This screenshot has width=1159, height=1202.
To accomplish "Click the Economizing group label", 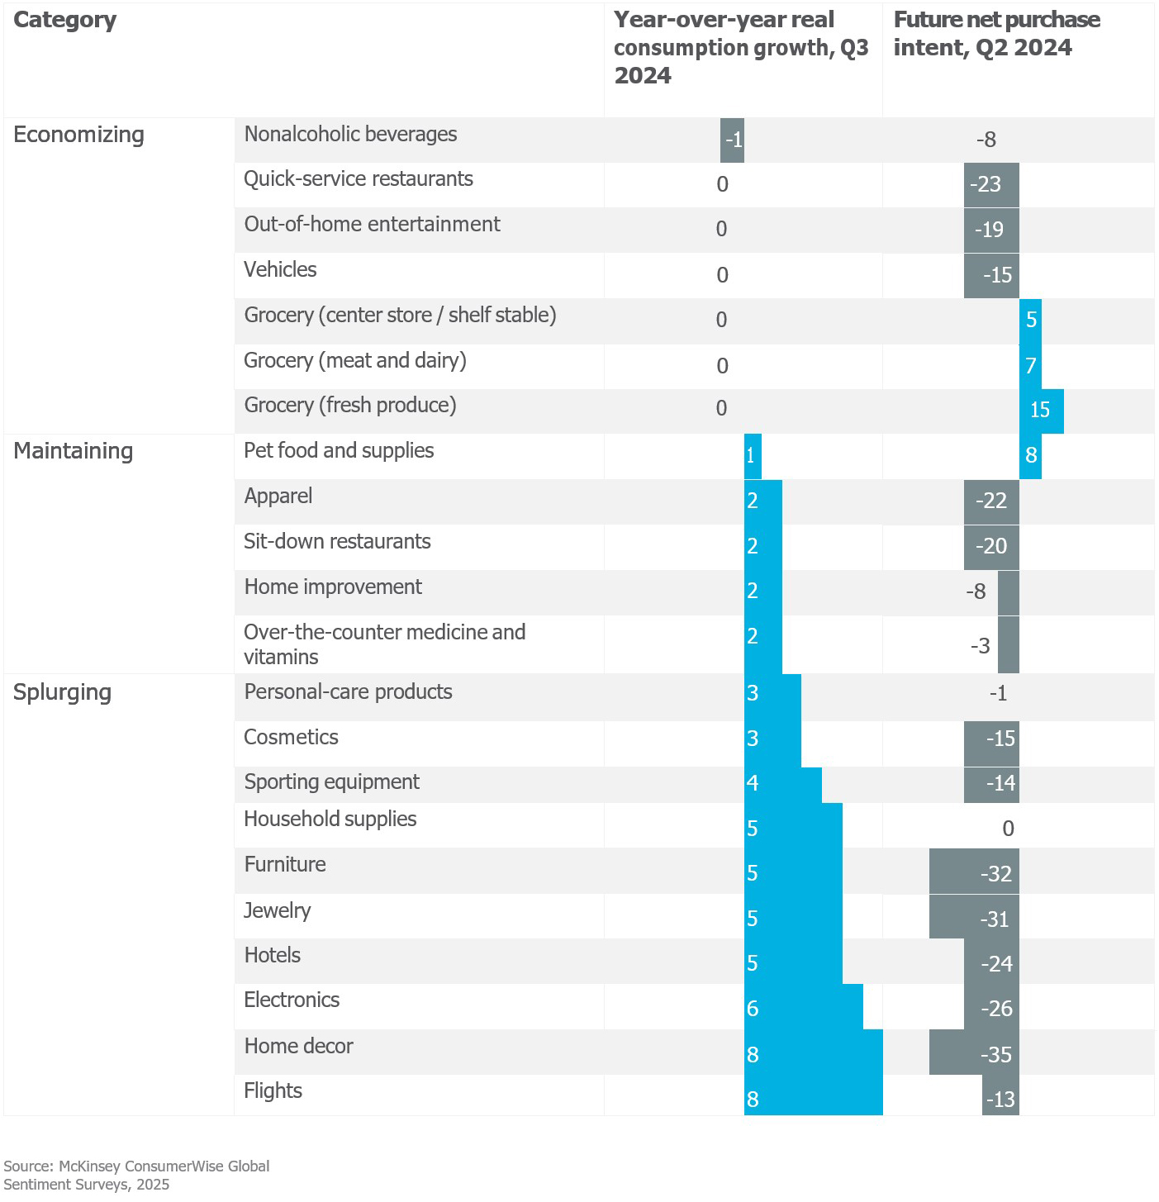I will click(78, 135).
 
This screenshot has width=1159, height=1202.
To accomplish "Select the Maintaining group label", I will click(73, 451).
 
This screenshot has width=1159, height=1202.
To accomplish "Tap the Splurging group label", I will click(62, 692).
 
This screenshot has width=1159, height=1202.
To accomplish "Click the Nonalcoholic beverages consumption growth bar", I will click(732, 140).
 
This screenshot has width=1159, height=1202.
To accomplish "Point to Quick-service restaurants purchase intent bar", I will click(991, 184).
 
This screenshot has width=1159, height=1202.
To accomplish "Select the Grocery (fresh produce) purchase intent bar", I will click(1042, 411).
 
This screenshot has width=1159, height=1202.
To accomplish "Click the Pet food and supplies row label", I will click(339, 451).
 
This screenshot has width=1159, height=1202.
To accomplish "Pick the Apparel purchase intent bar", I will click(991, 501).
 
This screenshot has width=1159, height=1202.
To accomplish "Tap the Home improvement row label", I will click(333, 587).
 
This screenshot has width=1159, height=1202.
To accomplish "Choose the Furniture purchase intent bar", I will click(974, 872).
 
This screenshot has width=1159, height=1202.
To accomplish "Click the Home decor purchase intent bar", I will click(974, 1052).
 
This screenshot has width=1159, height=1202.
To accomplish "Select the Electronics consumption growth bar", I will click(803, 1007).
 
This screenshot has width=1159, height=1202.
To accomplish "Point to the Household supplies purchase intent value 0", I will click(1008, 829).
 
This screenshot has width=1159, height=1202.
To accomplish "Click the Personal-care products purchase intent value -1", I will click(998, 693).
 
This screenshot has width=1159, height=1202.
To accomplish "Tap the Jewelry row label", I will click(278, 910).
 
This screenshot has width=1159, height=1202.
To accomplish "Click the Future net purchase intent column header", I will click(996, 34).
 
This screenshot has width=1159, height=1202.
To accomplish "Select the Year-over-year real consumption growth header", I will click(740, 47).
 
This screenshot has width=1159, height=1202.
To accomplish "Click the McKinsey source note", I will click(136, 1175).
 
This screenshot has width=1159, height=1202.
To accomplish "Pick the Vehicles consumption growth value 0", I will click(722, 275).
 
